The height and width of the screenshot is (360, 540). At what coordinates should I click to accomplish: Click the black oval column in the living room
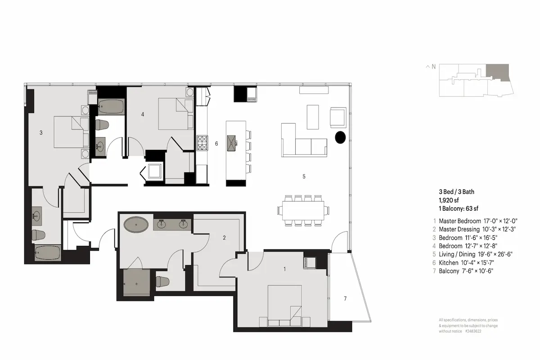tap(340, 137)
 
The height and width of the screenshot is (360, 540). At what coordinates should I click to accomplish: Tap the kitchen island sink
tap(231, 143)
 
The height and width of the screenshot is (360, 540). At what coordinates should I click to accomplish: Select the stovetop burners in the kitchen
tap(202, 143)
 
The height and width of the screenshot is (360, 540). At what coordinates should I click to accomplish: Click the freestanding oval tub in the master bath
tap(136, 225)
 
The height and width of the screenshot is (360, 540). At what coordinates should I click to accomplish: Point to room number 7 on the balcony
tap(345, 299)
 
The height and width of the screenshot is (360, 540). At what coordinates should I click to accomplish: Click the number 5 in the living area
tap(304, 176)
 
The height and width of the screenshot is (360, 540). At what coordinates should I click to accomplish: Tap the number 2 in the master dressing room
tap(224, 238)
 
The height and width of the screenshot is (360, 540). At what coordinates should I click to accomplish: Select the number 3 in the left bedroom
tap(41, 132)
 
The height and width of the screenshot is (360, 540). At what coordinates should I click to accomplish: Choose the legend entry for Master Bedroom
tap(475, 221)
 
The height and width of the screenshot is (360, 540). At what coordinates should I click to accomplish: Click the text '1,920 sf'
tap(449, 200)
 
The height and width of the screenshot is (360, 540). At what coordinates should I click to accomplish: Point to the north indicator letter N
tap(433, 67)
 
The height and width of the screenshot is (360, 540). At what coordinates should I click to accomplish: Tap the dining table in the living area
tap(303, 211)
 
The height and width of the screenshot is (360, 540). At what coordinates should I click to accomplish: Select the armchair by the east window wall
tap(338, 117)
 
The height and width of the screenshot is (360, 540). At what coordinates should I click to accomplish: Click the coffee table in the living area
tap(313, 117)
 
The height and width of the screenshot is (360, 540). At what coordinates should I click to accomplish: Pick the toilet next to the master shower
tap(162, 281)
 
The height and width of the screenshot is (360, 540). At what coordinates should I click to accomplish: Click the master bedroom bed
tap(285, 306)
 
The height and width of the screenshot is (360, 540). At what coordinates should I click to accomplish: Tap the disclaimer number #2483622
tap(473, 331)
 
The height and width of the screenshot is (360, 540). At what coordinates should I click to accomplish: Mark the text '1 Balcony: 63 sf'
tap(459, 208)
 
